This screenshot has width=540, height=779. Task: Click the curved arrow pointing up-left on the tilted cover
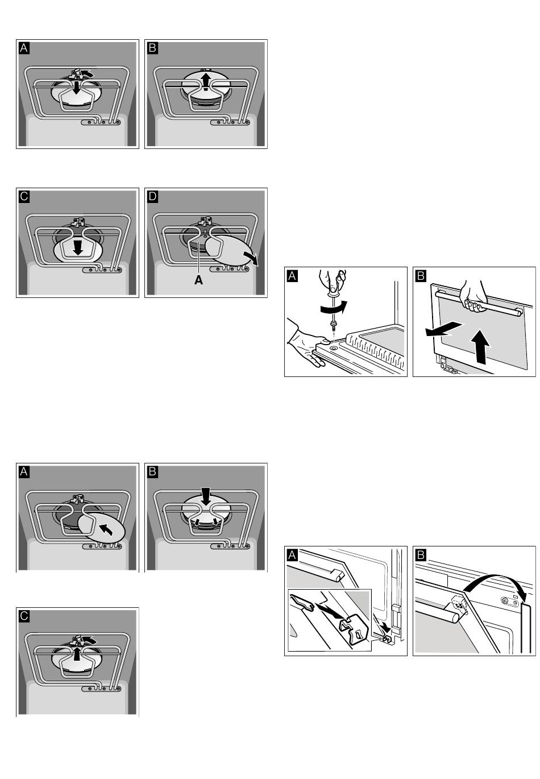click(106, 530)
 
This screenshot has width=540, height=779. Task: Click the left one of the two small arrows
click(197, 521)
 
